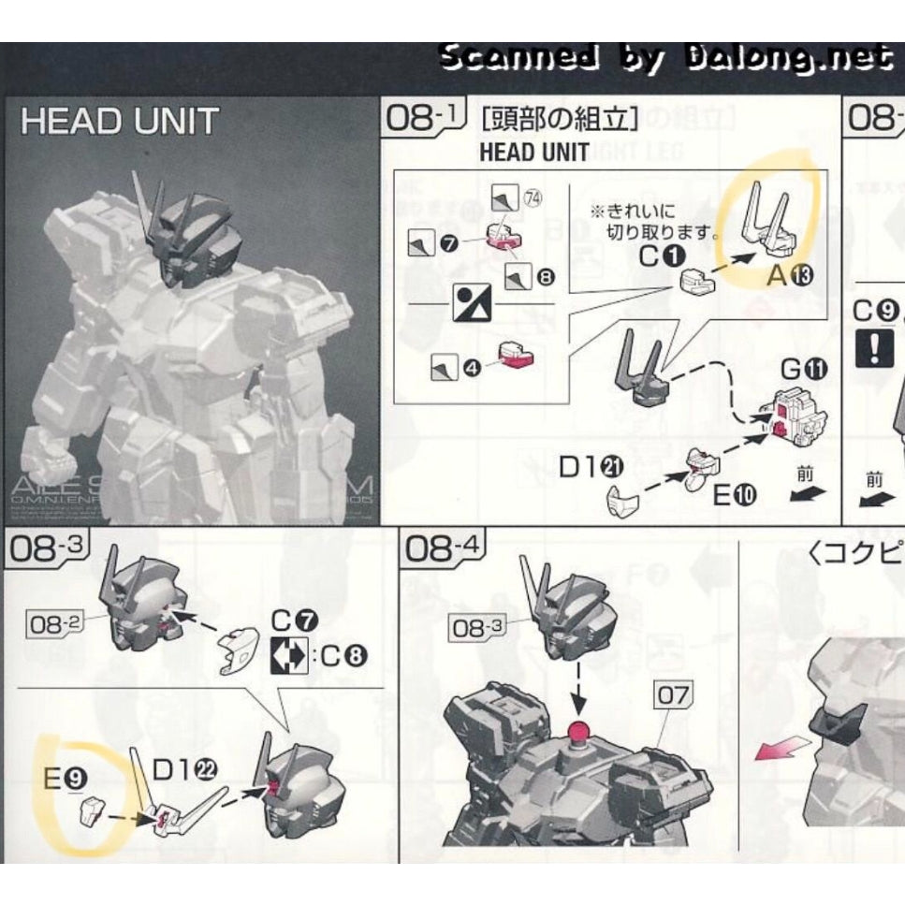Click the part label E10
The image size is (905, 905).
(734, 494)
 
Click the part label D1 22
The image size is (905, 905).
(184, 769)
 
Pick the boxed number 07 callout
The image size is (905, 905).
(673, 695)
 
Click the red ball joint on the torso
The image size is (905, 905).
(577, 731)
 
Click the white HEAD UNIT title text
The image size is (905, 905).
(119, 122)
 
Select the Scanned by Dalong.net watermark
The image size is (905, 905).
(665, 58)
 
